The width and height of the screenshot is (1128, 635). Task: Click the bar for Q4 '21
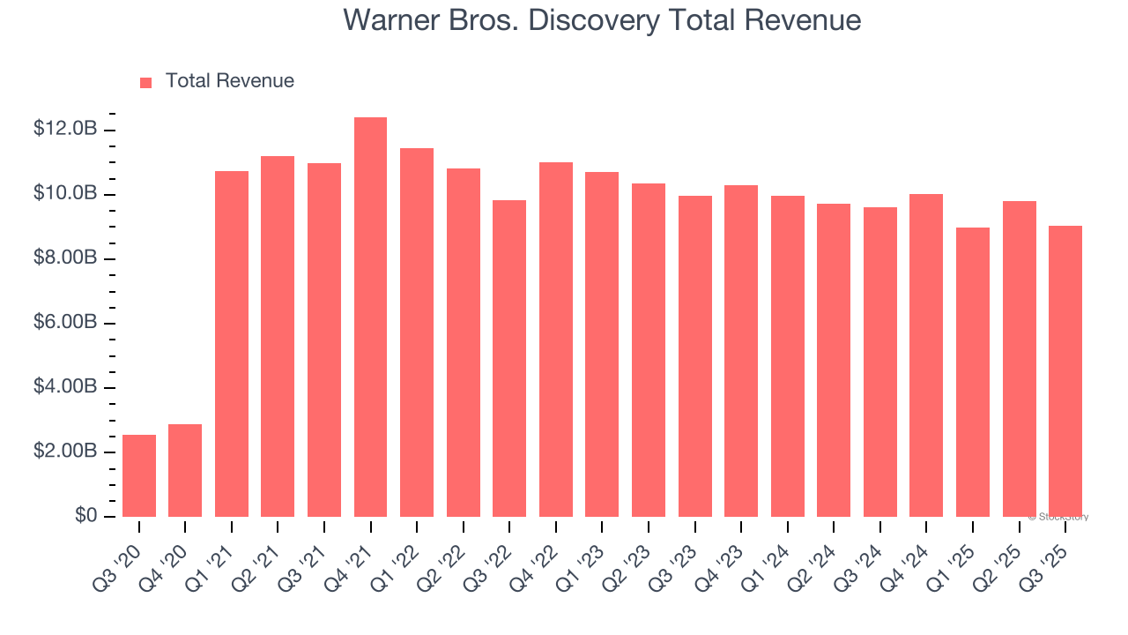(x=370, y=317)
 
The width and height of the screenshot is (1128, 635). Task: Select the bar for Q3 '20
(x=139, y=475)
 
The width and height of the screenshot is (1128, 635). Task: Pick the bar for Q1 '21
(x=232, y=344)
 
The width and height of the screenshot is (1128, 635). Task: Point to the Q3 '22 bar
(x=509, y=358)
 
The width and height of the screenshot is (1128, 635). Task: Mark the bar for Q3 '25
(x=1065, y=371)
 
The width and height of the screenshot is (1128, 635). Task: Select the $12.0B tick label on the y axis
(x=64, y=129)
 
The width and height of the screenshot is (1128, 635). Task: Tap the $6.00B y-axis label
(x=64, y=323)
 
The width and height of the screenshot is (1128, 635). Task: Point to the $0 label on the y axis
(x=85, y=516)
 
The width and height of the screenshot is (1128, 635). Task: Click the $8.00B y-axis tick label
(x=64, y=258)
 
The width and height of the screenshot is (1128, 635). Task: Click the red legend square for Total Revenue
(x=146, y=82)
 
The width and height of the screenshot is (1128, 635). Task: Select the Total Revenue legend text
(x=229, y=81)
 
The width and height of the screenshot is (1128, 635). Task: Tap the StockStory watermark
(x=1057, y=517)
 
